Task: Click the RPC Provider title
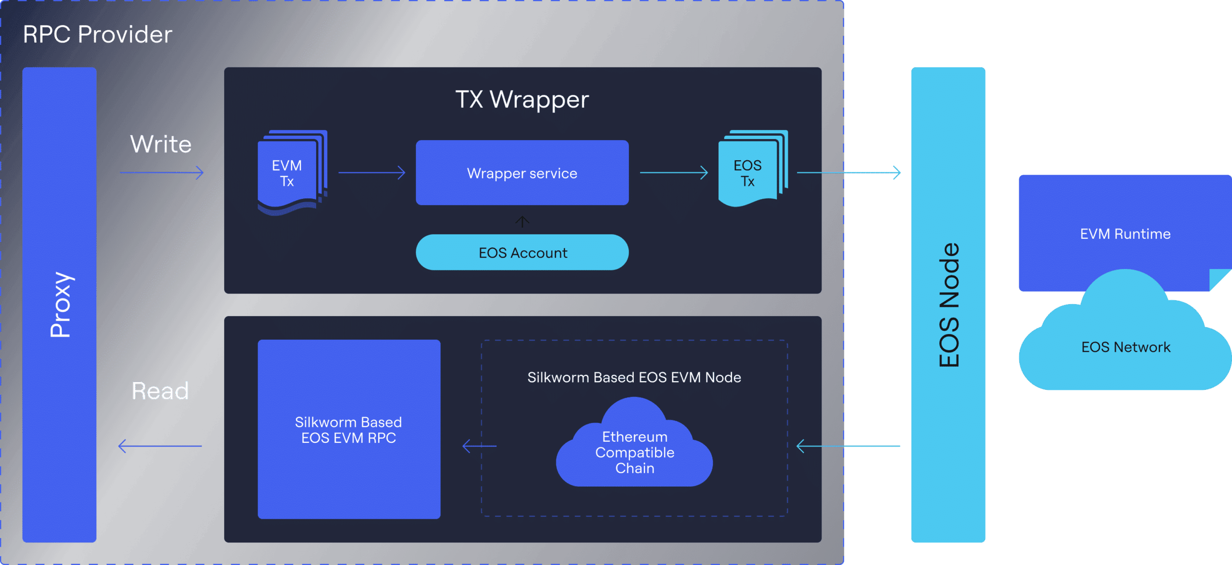(97, 35)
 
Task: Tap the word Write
(161, 144)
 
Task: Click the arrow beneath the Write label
(162, 172)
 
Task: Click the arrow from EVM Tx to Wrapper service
(372, 172)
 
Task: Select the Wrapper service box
(522, 173)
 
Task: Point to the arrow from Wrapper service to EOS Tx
(674, 172)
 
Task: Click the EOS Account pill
(522, 253)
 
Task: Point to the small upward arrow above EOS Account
(522, 221)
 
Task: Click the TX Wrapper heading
(522, 100)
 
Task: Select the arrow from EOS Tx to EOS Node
(849, 172)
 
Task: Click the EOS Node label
(949, 305)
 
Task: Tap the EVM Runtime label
(1125, 234)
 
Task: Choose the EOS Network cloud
(1125, 347)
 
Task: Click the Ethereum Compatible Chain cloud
(634, 452)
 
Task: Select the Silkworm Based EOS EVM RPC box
(349, 429)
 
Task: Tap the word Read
(160, 390)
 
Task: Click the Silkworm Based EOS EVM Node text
(634, 377)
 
